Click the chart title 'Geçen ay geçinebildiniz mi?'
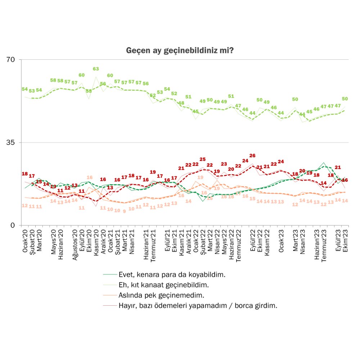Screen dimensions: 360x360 coord(180,50)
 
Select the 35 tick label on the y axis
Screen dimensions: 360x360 coord(13,143)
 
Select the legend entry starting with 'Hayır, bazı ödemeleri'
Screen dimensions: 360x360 coord(198,306)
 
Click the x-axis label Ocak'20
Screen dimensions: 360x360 coord(25,240)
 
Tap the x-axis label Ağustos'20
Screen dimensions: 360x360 coord(75,243)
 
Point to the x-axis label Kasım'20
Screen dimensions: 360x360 coord(96,242)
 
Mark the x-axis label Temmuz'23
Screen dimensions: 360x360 coord(324,243)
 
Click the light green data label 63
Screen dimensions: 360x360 coord(96,69)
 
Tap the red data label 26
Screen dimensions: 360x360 coord(252,156)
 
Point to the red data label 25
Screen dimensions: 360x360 coord(203,159)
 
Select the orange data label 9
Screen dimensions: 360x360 coord(124,211)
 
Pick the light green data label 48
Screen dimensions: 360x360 coord(181,103)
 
